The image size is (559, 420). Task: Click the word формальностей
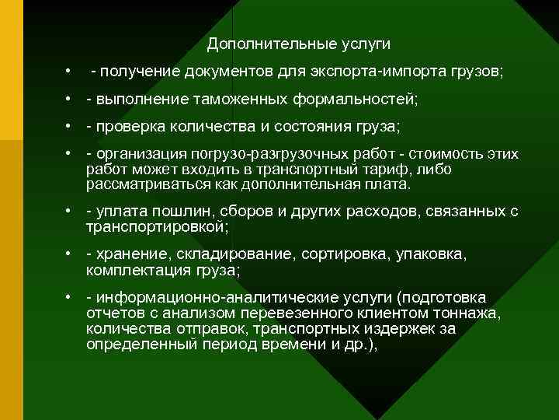point(356,100)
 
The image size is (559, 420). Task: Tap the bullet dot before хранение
point(68,255)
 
